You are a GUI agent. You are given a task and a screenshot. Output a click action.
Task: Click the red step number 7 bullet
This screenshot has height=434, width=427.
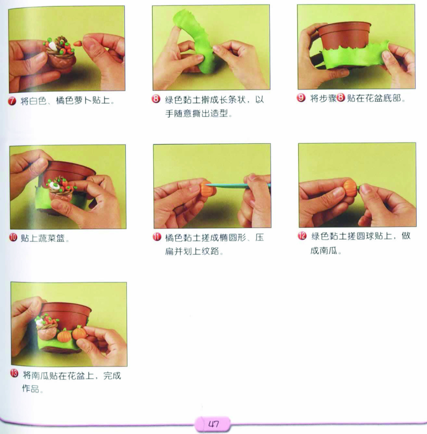[x=12, y=101]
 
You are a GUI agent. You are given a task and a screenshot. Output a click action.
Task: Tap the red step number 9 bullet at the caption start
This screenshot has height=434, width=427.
[x=301, y=98]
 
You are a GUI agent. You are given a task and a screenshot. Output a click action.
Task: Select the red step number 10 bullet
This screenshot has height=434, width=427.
[x=13, y=237]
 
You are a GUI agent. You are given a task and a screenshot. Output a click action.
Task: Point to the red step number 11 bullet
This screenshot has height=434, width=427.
[x=157, y=237]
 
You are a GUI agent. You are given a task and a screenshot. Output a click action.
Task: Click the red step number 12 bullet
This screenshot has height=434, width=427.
[x=302, y=236]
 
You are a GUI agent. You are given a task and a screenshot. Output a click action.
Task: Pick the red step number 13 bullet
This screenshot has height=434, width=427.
[x=14, y=373]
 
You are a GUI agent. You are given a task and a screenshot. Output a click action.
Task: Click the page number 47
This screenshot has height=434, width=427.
[x=213, y=424]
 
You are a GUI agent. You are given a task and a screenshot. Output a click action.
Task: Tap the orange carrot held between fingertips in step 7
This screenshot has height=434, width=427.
[x=78, y=44]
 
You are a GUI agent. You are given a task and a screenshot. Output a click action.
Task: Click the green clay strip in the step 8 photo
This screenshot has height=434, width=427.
[x=194, y=41]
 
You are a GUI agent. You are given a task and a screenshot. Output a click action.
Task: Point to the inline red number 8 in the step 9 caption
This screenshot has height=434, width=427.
[x=341, y=98]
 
